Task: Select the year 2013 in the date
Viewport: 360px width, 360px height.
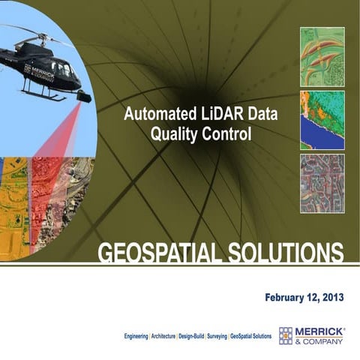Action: click(x=331, y=298)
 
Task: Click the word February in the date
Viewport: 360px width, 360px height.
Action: click(x=287, y=298)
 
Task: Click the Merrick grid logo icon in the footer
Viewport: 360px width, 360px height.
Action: click(x=286, y=335)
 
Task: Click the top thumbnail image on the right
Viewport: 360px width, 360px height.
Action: click(x=322, y=56)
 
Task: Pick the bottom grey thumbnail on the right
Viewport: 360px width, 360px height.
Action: click(x=322, y=184)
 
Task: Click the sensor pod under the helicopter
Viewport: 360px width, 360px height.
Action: click(x=83, y=97)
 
